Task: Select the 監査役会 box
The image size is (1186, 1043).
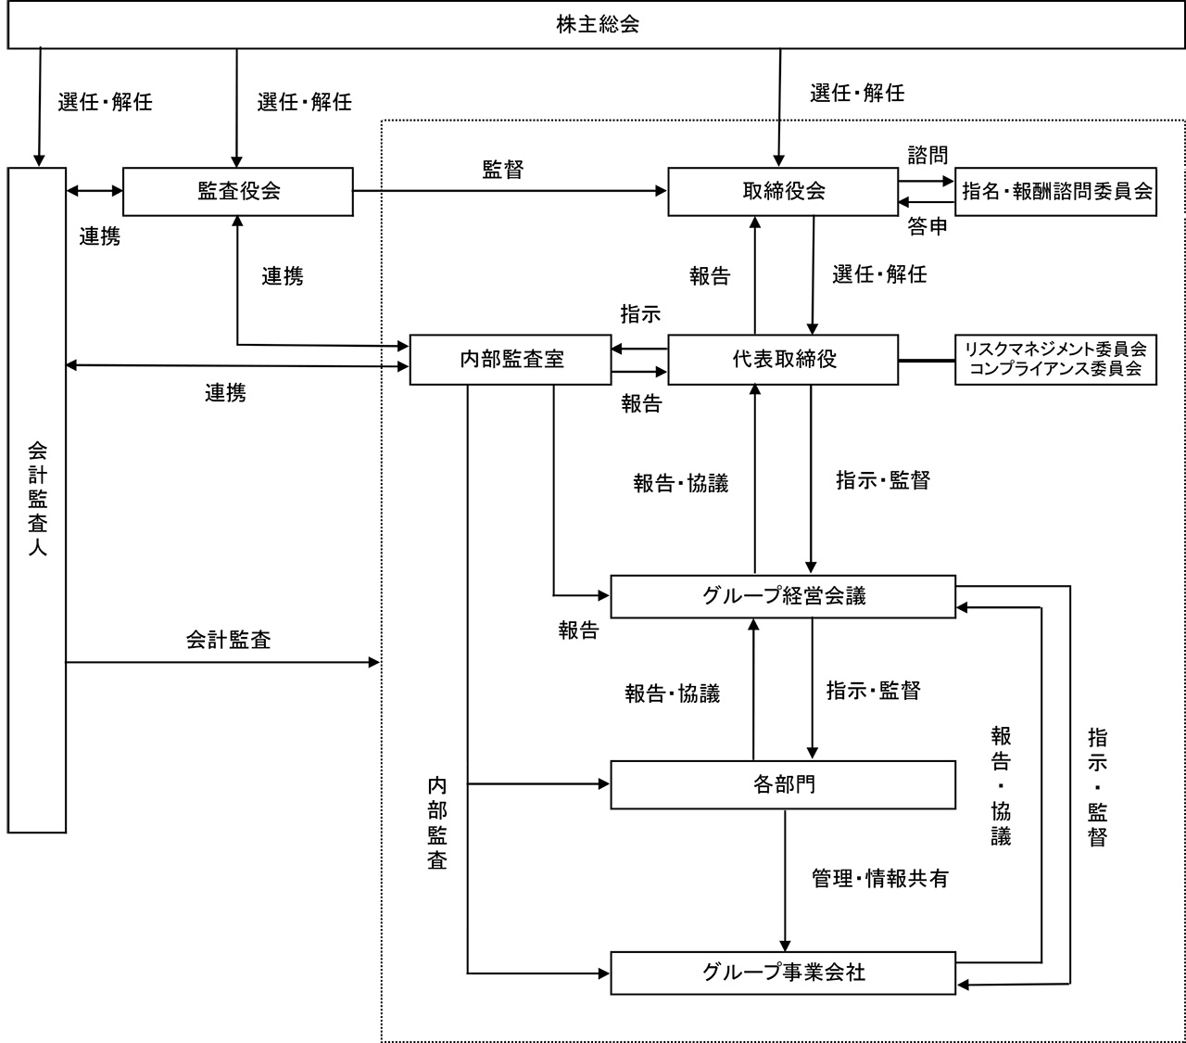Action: [x=238, y=191]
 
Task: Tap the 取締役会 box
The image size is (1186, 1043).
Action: [x=783, y=191]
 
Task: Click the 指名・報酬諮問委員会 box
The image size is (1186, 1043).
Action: [x=1056, y=192]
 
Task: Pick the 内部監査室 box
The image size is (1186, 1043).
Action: [x=511, y=359]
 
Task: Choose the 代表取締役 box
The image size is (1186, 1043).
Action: [x=783, y=359]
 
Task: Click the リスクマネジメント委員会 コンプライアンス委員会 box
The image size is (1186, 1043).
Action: [x=1055, y=359]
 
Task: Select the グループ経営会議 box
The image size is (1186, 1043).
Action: [x=783, y=596]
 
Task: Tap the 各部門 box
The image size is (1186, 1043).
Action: [x=783, y=784]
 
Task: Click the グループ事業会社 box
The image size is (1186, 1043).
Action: [x=783, y=973]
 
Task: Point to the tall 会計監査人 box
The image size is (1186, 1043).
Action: [x=37, y=501]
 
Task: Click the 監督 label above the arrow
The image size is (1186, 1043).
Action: [x=502, y=169]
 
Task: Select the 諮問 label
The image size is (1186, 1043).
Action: [x=927, y=155]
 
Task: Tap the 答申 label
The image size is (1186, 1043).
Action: [x=927, y=226]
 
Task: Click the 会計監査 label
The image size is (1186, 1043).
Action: [x=228, y=640]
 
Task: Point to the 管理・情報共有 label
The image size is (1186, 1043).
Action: [x=879, y=878]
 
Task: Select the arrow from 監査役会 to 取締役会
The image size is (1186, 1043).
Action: [x=510, y=192]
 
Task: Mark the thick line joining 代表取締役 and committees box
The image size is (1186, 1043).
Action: [x=927, y=360]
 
